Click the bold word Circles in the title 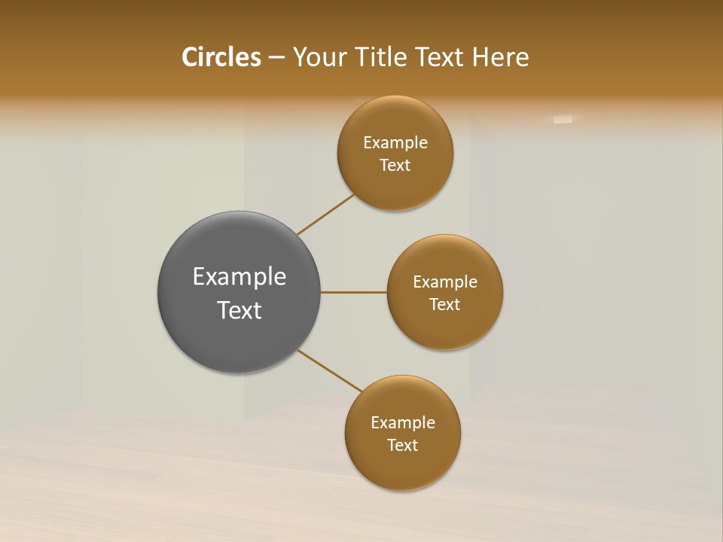(x=221, y=57)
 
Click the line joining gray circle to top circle (x=325, y=215)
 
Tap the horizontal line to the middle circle (x=354, y=292)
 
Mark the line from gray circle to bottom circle (x=329, y=371)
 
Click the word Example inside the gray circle (x=239, y=277)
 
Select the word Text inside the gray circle (x=239, y=310)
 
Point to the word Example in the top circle (x=395, y=143)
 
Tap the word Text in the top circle (x=395, y=166)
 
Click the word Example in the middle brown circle (x=445, y=282)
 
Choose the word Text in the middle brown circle (x=445, y=305)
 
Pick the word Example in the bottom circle (x=403, y=423)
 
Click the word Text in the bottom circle (x=403, y=446)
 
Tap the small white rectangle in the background (x=563, y=119)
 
